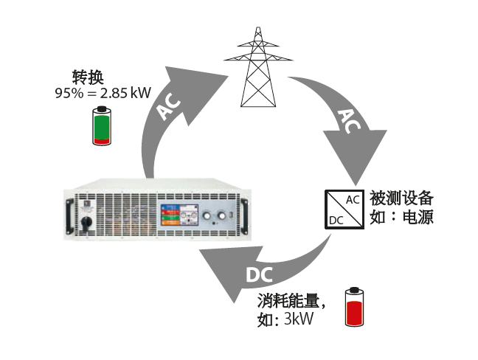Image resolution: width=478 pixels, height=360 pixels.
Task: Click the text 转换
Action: tap(82, 77)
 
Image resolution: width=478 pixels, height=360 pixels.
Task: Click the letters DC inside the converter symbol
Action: tap(336, 220)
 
